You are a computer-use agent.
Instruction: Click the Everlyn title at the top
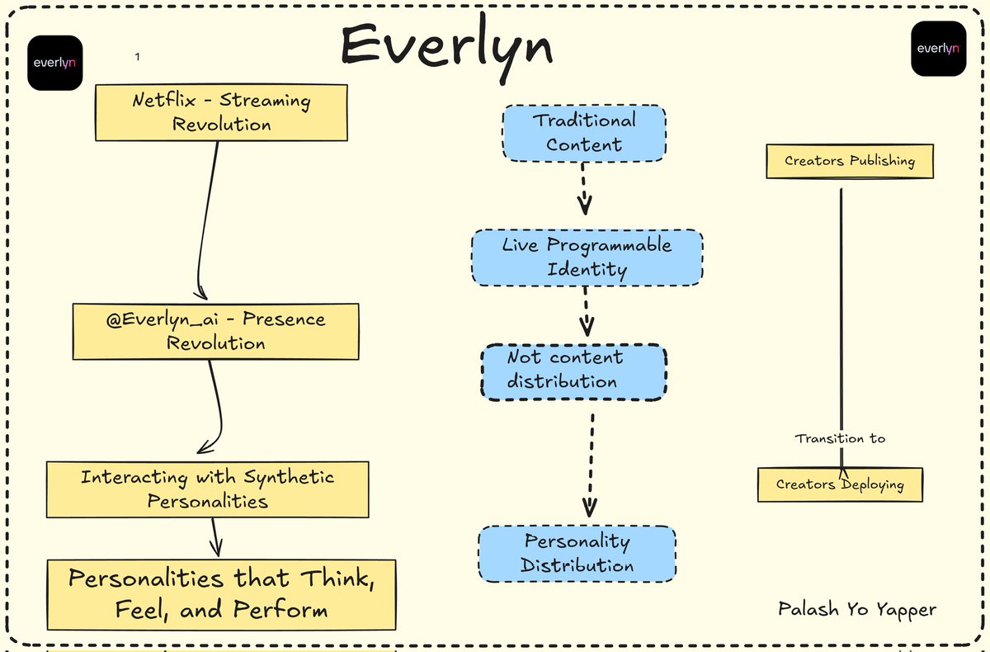446,45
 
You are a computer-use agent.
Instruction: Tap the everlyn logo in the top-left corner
54,63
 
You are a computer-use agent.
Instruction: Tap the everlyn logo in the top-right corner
938,49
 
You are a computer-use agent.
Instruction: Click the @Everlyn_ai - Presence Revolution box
215,331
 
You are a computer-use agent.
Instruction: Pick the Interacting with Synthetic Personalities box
207,489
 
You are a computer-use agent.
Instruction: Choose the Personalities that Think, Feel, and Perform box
221,594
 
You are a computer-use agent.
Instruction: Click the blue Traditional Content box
583,132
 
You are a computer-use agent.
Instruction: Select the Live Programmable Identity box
587,257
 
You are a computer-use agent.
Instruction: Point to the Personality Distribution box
577,554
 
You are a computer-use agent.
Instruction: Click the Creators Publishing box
849,161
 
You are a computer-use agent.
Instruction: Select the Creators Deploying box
839,484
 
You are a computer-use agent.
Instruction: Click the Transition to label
840,438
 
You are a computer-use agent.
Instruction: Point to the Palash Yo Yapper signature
857,610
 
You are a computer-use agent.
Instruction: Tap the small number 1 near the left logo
137,57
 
